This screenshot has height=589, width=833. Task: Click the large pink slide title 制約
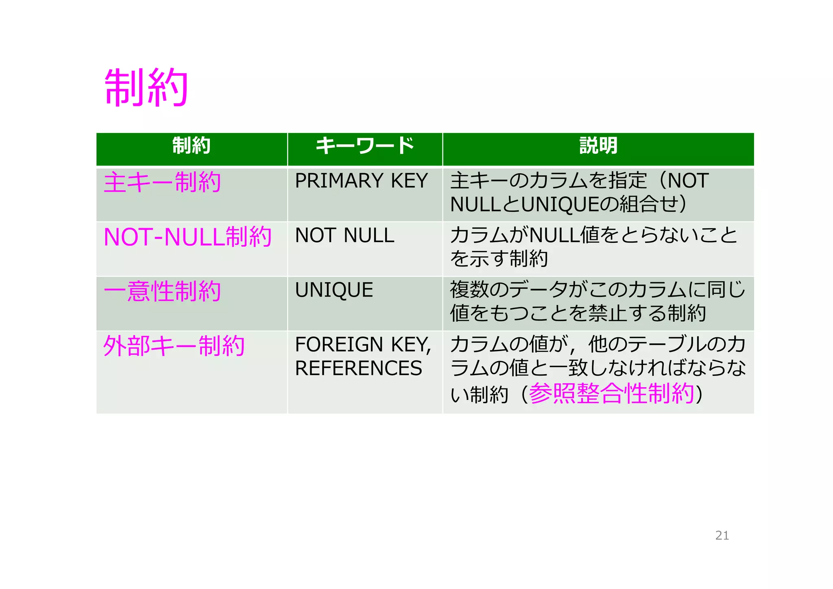pos(146,87)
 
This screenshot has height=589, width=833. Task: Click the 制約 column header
pos(191,146)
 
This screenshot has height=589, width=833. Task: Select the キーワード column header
pos(365,146)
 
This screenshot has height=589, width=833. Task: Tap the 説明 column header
pos(598,146)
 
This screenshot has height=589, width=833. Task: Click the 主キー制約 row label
pos(162,182)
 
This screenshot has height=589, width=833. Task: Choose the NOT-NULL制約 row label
pos(188,237)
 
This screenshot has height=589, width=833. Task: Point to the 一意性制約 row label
pos(162,291)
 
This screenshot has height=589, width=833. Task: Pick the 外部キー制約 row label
pos(174,346)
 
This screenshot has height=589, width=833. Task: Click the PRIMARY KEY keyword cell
pos(361,181)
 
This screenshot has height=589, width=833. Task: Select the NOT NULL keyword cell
pos(345,235)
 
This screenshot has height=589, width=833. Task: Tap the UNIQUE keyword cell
pos(334,290)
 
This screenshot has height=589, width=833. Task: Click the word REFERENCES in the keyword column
pos(358,368)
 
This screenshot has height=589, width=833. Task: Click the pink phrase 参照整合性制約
pos(611,393)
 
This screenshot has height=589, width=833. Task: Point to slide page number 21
pos(722,535)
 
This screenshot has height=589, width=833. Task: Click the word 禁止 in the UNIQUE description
pos(608,313)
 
